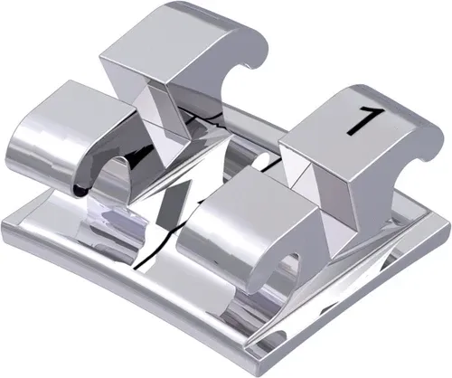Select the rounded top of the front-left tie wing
point(77,104)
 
